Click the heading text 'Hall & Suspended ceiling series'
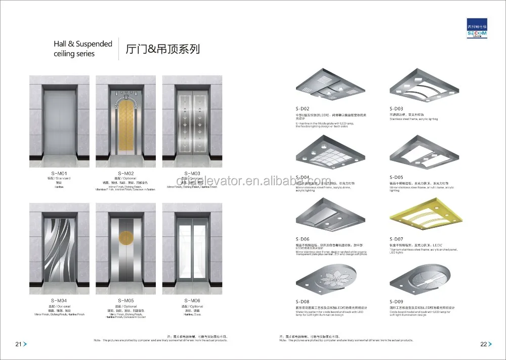pyautogui.click(x=83, y=49)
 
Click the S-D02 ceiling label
pyautogui.click(x=303, y=108)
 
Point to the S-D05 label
pyautogui.click(x=396, y=177)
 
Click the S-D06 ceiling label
pyautogui.click(x=303, y=239)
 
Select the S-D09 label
pyautogui.click(x=396, y=302)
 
